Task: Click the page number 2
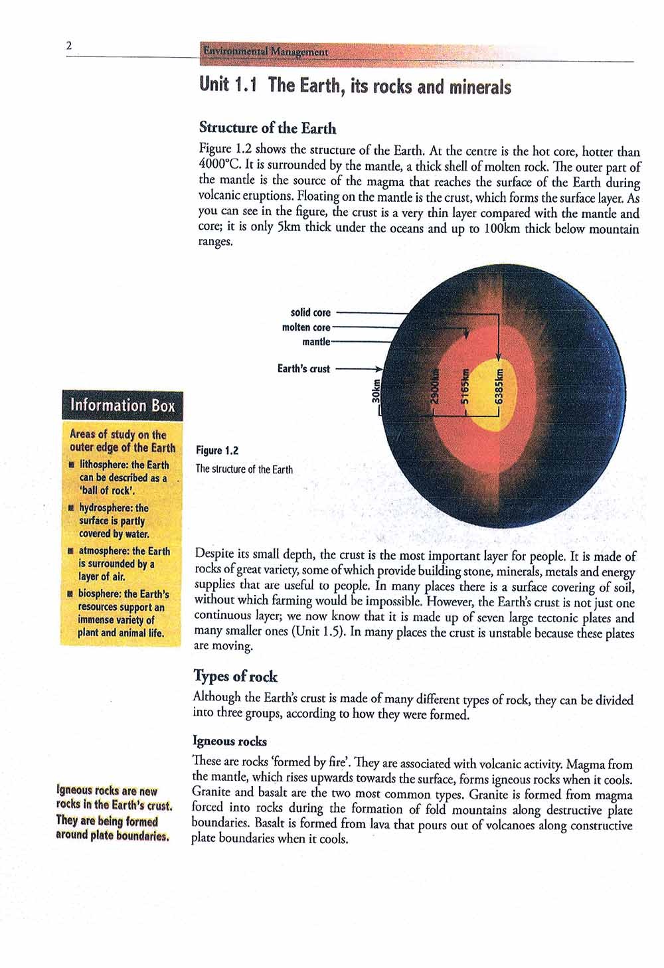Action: point(68,46)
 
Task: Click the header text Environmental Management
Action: point(265,51)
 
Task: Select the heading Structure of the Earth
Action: point(268,128)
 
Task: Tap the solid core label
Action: point(310,312)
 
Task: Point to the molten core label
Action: point(305,327)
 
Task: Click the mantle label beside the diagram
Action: point(315,341)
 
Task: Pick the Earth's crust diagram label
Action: point(303,368)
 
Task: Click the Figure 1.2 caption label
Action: point(216,451)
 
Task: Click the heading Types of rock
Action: point(235,677)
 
